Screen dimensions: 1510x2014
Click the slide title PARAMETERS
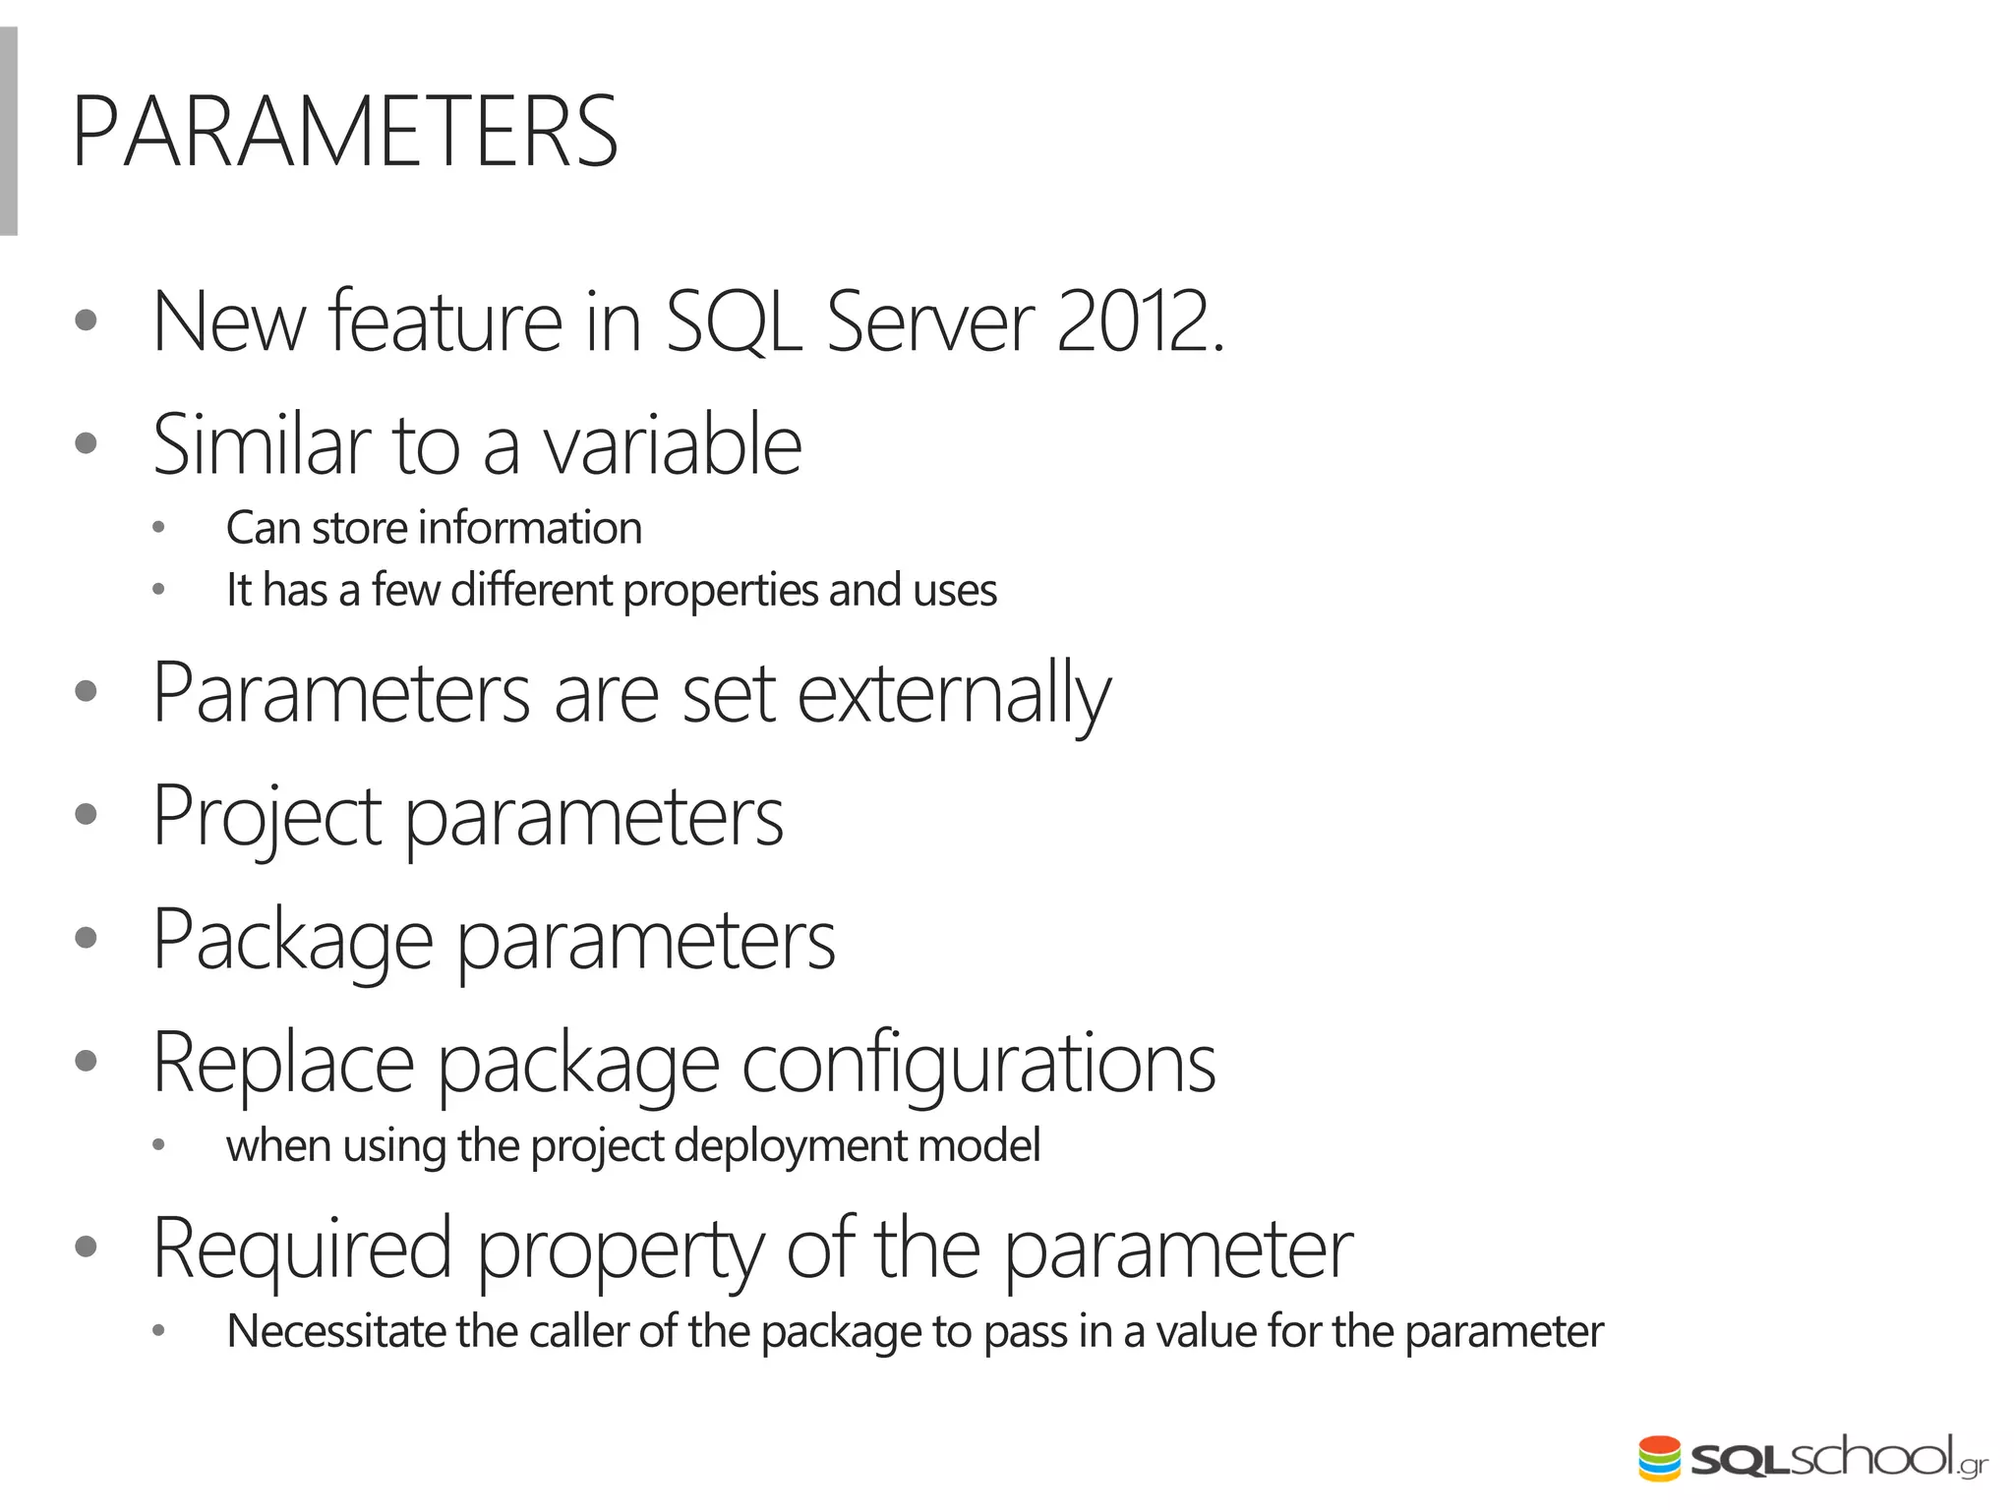(x=344, y=133)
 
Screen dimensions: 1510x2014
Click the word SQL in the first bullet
(x=733, y=322)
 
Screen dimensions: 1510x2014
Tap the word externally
(x=953, y=694)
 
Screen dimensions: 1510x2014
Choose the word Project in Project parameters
(x=267, y=817)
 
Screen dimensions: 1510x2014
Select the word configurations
(x=977, y=1064)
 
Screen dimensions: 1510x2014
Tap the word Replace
(x=283, y=1064)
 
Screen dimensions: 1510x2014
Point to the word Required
(x=302, y=1249)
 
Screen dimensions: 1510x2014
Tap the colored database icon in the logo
(x=1659, y=1458)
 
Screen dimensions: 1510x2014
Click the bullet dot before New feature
(x=86, y=319)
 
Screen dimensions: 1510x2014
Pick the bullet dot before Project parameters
(x=86, y=814)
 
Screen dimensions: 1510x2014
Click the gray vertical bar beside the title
(x=8, y=132)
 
